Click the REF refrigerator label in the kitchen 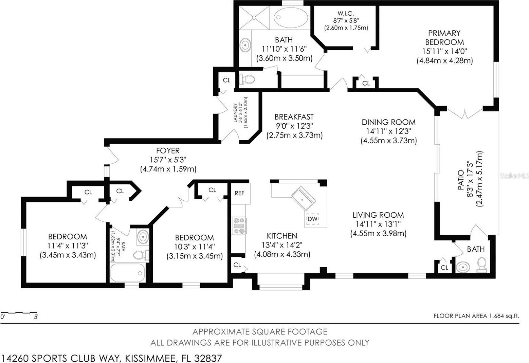[x=239, y=193]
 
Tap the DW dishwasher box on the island [x=312, y=219]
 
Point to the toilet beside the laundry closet [x=247, y=79]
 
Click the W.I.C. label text [x=346, y=14]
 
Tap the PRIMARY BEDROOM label [x=444, y=38]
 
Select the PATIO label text [x=461, y=180]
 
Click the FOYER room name [x=168, y=150]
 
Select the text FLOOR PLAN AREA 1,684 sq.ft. [x=476, y=316]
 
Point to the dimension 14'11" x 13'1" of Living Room [x=378, y=224]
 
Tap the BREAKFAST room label [x=294, y=117]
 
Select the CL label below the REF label [x=237, y=265]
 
